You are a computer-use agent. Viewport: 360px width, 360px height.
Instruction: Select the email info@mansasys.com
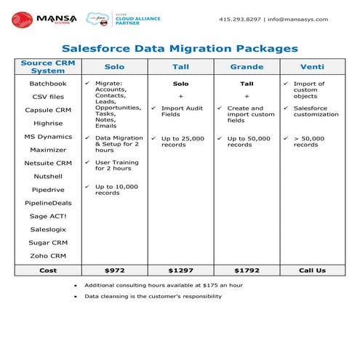click(x=297, y=20)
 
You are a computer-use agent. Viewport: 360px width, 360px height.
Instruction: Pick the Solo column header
click(x=115, y=66)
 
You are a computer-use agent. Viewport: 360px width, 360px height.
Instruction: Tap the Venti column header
click(x=312, y=66)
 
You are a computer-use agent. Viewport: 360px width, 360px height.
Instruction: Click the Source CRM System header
click(x=48, y=66)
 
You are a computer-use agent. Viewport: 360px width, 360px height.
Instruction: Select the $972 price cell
click(x=115, y=270)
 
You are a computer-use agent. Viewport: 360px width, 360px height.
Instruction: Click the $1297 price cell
click(x=180, y=270)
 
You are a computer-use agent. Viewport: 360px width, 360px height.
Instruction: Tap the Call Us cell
click(x=312, y=270)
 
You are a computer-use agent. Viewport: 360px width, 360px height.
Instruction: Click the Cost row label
click(x=48, y=270)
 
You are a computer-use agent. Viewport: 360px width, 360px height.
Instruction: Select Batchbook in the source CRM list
click(x=48, y=84)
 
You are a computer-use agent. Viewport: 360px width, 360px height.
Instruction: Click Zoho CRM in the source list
click(x=48, y=255)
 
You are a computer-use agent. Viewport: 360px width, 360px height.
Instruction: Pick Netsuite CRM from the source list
click(x=48, y=163)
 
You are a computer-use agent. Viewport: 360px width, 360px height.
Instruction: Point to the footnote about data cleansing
click(x=153, y=296)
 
